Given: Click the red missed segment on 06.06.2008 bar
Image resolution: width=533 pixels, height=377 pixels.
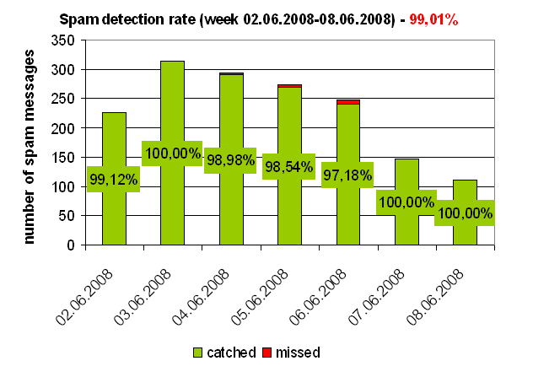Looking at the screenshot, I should click(347, 102).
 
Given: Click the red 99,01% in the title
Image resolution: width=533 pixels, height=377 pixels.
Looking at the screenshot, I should click(433, 19).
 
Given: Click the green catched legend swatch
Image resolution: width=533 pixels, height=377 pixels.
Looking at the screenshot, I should click(198, 352).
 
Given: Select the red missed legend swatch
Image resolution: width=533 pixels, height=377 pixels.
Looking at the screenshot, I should click(267, 352).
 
